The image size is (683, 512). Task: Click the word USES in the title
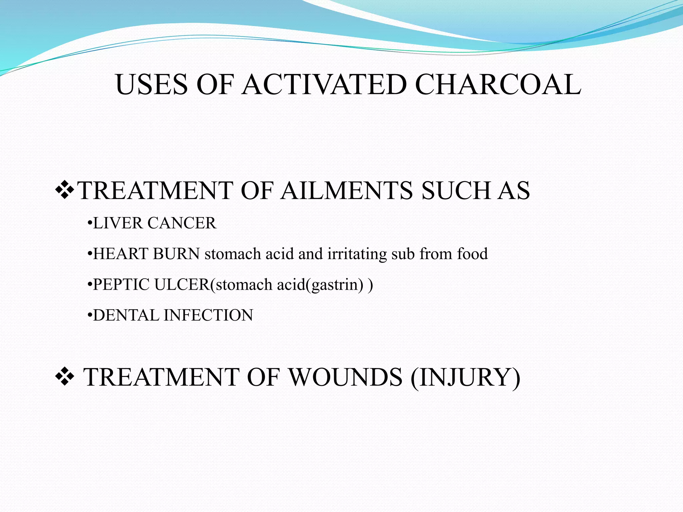coord(152,84)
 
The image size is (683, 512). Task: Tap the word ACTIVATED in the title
coord(324,84)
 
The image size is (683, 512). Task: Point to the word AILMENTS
coord(347,191)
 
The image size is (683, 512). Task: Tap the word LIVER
coord(118,223)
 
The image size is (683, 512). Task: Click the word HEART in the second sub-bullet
coord(120,254)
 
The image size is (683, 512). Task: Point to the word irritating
coord(357,254)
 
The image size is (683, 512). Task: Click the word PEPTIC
coord(121,285)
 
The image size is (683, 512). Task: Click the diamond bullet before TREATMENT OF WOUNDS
coord(64,377)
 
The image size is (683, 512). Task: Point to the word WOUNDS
coord(345,377)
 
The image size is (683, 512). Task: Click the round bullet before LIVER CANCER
coord(89,224)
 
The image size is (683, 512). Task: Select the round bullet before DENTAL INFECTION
coord(89,316)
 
